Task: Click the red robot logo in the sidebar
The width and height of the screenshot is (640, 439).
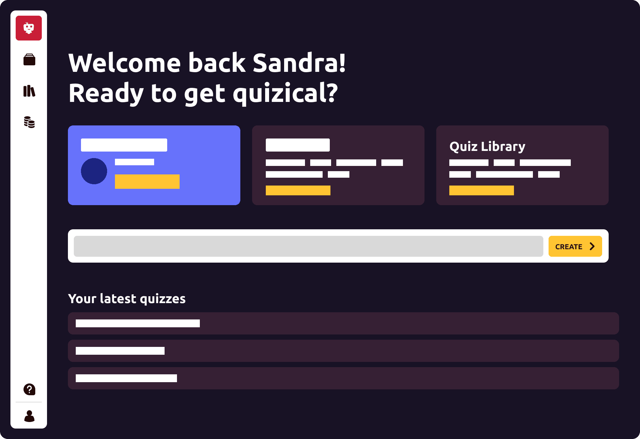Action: pos(29,28)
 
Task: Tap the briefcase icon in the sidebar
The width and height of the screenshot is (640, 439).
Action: pos(29,59)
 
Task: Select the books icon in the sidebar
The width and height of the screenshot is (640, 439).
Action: pos(29,91)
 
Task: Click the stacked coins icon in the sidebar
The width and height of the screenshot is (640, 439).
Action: pos(29,122)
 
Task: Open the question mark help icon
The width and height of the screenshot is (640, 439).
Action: pos(29,389)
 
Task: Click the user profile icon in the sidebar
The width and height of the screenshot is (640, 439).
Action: pos(29,416)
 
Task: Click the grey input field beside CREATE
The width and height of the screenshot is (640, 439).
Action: pos(309,246)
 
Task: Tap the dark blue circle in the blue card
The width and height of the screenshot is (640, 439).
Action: pos(94,171)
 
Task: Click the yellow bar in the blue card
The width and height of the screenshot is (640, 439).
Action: pos(147,182)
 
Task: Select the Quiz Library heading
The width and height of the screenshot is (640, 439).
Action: pos(488,147)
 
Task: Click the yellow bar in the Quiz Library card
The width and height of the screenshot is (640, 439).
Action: pos(482,190)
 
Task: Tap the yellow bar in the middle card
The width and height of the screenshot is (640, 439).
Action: pos(298,190)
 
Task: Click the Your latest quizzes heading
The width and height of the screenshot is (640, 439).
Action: pos(127,299)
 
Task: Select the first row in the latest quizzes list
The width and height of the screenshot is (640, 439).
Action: pos(344,323)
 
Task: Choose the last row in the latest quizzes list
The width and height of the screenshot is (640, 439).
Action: pos(344,378)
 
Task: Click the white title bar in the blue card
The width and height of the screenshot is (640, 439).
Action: pos(124,145)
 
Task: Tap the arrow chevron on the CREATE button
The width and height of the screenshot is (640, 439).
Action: pos(592,246)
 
